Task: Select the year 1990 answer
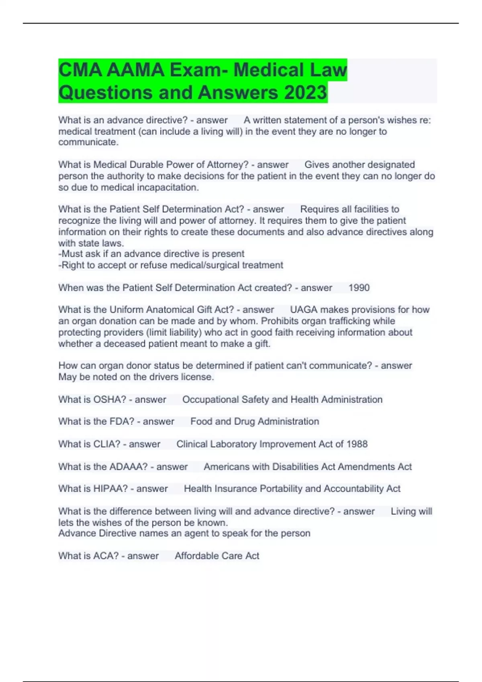click(x=359, y=288)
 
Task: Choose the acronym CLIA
click(x=107, y=444)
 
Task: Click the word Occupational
click(x=210, y=400)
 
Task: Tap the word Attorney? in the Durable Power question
click(x=228, y=165)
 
